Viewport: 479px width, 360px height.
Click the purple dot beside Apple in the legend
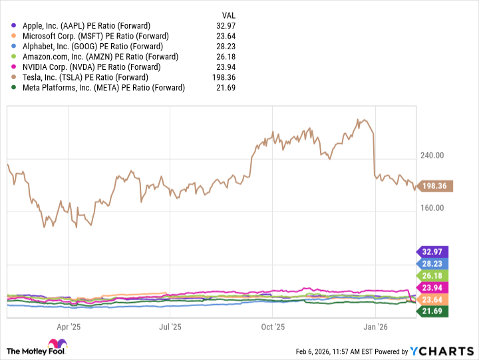tap(14, 25)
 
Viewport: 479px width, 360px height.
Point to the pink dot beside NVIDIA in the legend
tap(14, 67)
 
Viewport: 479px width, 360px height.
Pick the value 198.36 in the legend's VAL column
tap(230, 77)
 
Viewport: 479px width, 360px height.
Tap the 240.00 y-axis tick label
tap(433, 156)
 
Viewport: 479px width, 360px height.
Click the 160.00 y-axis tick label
tap(433, 208)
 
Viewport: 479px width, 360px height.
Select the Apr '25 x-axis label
tap(69, 327)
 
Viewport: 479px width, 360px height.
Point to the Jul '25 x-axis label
tap(171, 327)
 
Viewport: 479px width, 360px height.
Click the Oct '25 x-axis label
tap(273, 327)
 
